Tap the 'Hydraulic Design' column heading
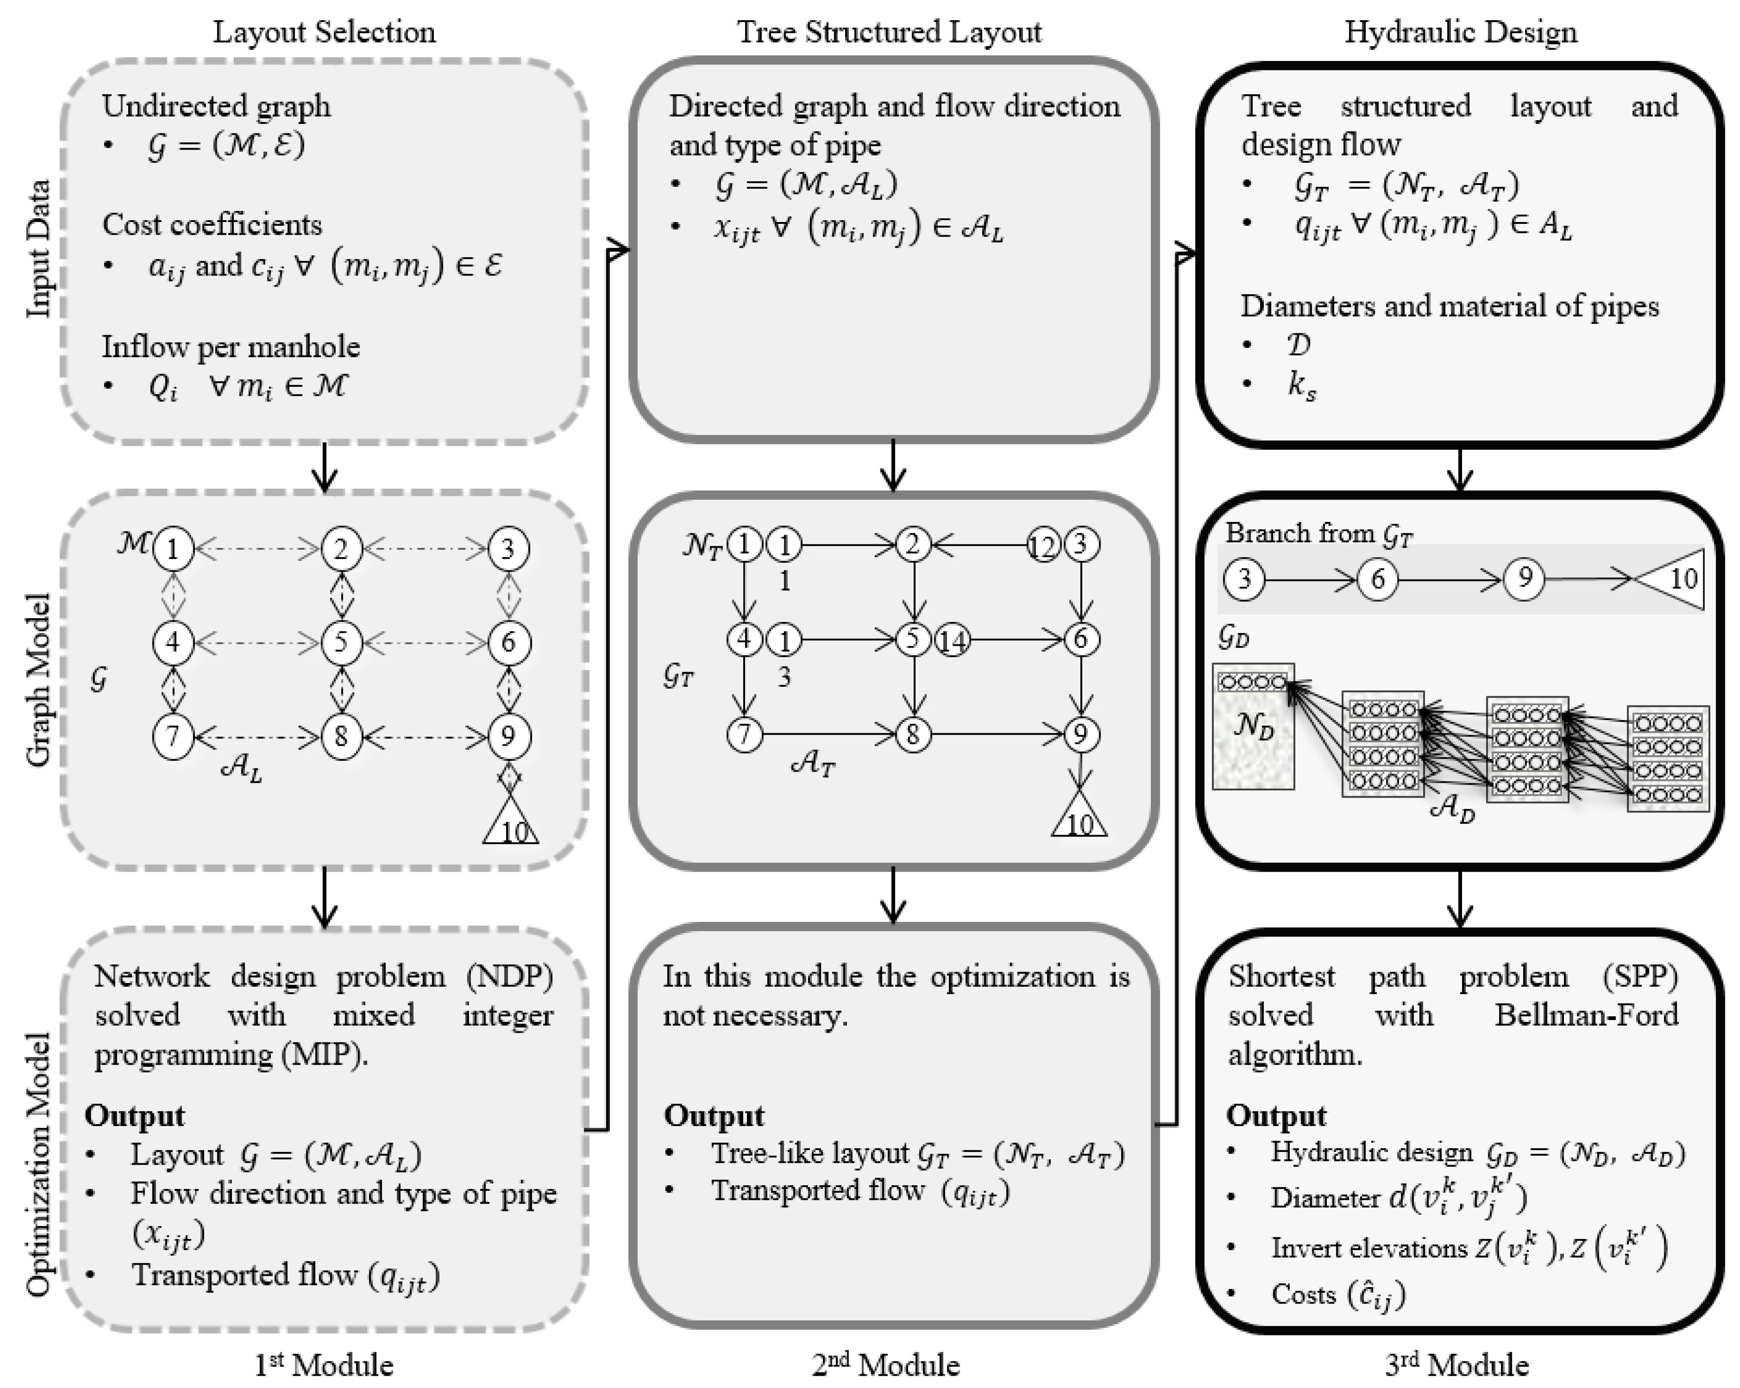point(1460,32)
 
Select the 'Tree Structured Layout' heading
point(889,32)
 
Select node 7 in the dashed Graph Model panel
point(173,736)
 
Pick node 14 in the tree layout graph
point(952,641)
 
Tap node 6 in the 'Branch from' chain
point(1378,579)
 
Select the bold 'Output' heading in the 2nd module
point(714,1115)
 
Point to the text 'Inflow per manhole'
point(231,346)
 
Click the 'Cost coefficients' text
point(212,224)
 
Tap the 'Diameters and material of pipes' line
point(1449,306)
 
